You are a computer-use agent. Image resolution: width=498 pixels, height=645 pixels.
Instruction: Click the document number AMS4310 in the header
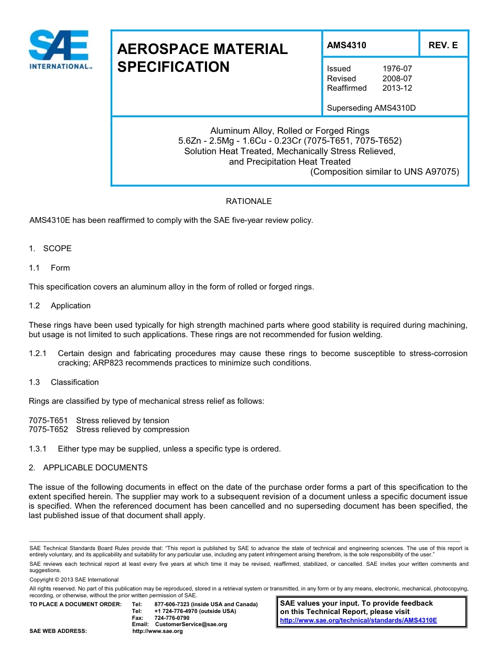click(x=347, y=45)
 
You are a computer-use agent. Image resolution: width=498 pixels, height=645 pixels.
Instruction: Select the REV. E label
click(x=443, y=45)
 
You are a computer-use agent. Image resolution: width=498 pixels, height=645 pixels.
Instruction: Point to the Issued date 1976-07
click(x=397, y=69)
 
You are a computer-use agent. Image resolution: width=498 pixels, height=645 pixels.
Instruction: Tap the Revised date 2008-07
click(x=397, y=79)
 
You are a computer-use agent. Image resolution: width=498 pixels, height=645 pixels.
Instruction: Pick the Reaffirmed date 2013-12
click(x=397, y=88)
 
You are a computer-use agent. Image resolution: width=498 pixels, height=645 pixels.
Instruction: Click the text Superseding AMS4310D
click(x=371, y=108)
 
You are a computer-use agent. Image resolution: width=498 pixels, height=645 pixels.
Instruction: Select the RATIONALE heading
click(x=248, y=201)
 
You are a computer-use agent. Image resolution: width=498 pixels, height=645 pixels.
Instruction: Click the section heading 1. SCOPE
click(x=50, y=249)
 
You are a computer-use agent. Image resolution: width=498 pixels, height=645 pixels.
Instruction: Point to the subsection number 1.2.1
click(x=38, y=353)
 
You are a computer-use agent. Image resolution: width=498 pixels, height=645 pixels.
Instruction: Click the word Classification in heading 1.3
click(x=74, y=382)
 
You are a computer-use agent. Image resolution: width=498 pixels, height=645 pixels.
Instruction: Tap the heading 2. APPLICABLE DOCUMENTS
click(x=88, y=468)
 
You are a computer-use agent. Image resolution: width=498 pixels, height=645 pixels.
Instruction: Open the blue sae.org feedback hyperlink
click(x=359, y=620)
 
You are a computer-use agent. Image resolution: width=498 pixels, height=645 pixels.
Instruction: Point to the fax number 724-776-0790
click(x=172, y=618)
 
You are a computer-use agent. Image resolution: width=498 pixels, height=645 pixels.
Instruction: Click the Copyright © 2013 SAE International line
click(x=74, y=579)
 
